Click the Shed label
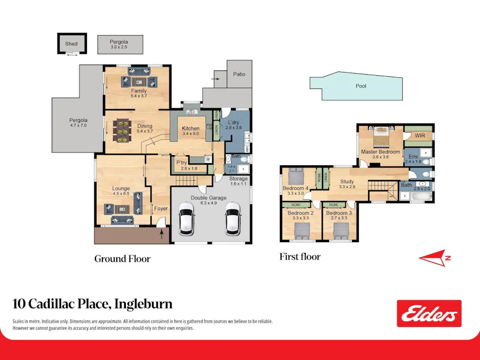(71, 44)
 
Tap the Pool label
(361, 86)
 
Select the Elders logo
(429, 314)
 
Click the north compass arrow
(435, 258)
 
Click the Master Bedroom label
(380, 152)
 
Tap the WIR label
(420, 135)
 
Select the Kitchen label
(190, 129)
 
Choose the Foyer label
(160, 209)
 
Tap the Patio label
(239, 74)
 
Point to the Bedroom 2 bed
(301, 230)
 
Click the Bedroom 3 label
(340, 213)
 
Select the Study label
(347, 181)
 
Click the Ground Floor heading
(122, 259)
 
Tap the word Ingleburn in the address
(144, 304)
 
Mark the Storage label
(239, 179)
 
